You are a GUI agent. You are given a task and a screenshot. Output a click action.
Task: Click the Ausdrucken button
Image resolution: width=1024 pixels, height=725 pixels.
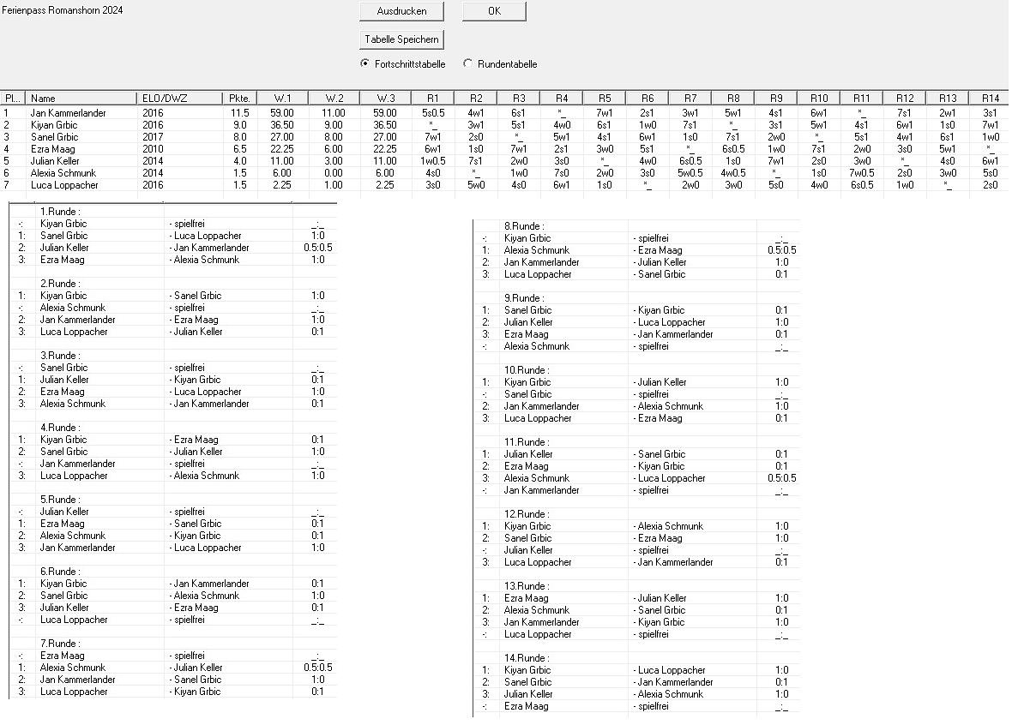pyautogui.click(x=401, y=11)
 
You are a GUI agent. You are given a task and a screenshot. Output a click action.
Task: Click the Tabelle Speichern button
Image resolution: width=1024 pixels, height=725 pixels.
pyautogui.click(x=401, y=39)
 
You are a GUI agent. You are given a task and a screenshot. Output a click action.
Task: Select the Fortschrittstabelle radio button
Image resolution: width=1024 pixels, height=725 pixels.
pyautogui.click(x=365, y=63)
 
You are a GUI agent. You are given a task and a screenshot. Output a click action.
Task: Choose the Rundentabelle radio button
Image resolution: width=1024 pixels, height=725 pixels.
pyautogui.click(x=467, y=63)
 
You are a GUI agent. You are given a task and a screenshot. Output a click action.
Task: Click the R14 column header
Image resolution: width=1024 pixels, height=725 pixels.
pyautogui.click(x=990, y=98)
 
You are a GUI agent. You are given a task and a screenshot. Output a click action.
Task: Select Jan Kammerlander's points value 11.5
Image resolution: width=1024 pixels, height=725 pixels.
pyautogui.click(x=240, y=112)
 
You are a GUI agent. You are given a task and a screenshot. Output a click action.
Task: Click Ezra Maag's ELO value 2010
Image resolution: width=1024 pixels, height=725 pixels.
pyautogui.click(x=153, y=148)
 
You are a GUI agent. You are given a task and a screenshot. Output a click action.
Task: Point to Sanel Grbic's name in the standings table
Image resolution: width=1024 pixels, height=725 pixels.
pyautogui.click(x=54, y=136)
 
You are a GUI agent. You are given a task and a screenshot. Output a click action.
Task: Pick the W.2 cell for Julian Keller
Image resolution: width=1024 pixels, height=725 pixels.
pyautogui.click(x=333, y=160)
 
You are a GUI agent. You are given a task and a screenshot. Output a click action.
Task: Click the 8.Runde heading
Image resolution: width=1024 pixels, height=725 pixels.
pyautogui.click(x=524, y=226)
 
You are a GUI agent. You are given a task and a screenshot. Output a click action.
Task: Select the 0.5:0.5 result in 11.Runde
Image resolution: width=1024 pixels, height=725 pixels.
pyautogui.click(x=781, y=478)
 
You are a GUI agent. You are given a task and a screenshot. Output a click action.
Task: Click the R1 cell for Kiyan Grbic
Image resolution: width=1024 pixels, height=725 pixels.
pyautogui.click(x=432, y=124)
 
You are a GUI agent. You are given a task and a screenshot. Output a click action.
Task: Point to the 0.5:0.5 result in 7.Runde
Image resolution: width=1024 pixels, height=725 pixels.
pyautogui.click(x=317, y=668)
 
